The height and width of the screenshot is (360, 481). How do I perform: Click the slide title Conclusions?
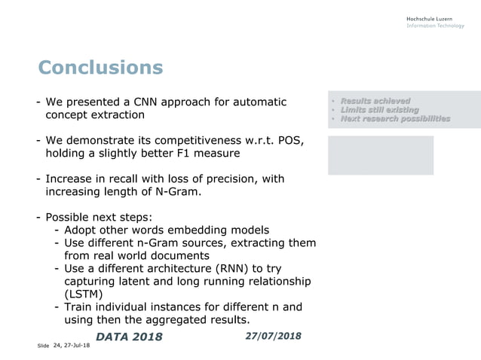point(100,68)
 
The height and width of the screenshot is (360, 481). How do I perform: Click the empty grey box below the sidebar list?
point(380,155)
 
